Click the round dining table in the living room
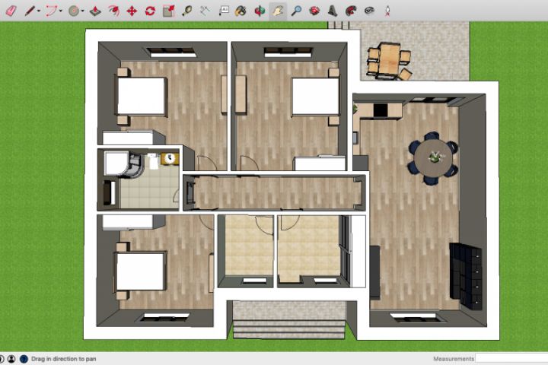(x=433, y=157)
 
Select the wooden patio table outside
(x=390, y=59)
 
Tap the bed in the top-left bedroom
(x=142, y=96)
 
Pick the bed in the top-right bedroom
(x=315, y=97)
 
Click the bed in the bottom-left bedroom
(x=140, y=271)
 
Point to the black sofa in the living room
(x=466, y=275)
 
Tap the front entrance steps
(x=289, y=329)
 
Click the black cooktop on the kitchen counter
(x=381, y=110)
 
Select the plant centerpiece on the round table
(x=435, y=157)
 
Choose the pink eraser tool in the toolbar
(x=11, y=11)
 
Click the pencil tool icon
(x=30, y=11)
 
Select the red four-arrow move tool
(x=132, y=11)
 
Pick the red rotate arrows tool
(x=150, y=11)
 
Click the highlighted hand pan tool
(x=278, y=11)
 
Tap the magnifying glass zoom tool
(x=296, y=11)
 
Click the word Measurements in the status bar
(x=454, y=359)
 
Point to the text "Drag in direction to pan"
(x=64, y=359)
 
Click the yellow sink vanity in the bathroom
(x=170, y=159)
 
